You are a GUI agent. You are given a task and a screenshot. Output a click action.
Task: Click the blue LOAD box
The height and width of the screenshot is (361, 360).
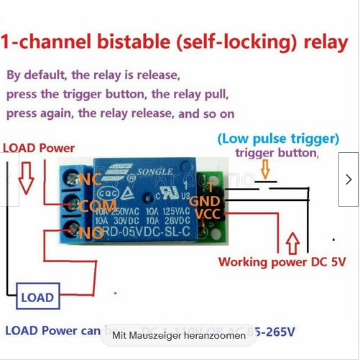tap(37, 297)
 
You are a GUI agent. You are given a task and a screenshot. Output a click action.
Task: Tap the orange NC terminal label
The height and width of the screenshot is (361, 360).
tap(90, 179)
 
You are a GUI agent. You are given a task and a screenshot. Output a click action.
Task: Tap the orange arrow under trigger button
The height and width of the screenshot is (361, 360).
tap(266, 170)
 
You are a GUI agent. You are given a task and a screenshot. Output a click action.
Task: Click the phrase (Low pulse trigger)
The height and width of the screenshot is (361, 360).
tap(278, 138)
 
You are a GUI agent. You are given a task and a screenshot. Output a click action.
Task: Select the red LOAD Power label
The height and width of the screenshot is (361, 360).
tap(39, 148)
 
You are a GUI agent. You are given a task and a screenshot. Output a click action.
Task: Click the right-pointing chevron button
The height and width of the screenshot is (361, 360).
tap(349, 179)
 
